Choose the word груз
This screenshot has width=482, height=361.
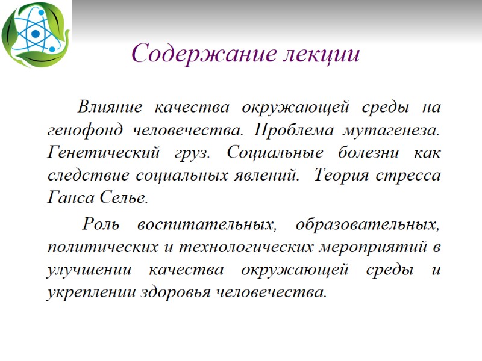pyautogui.click(x=187, y=153)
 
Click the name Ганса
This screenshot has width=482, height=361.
pyautogui.click(x=67, y=199)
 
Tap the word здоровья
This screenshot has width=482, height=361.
pyautogui.click(x=176, y=293)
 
